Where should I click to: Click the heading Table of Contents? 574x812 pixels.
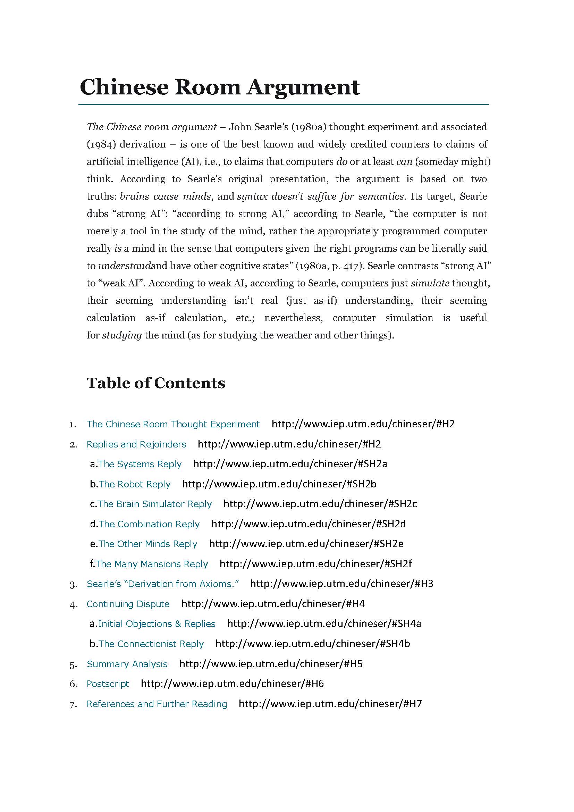(156, 383)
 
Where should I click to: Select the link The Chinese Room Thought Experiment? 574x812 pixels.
(173, 424)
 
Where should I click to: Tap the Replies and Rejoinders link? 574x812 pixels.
(136, 444)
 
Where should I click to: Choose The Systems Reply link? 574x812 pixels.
(140, 464)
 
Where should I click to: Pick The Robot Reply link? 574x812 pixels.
(135, 484)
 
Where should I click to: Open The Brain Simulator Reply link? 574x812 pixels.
(154, 504)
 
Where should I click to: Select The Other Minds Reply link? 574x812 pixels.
(148, 544)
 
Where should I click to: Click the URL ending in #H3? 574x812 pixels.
(341, 584)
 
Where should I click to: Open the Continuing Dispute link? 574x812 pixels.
(128, 604)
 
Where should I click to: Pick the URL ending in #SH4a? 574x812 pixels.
(324, 623)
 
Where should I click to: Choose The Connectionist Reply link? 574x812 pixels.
(151, 644)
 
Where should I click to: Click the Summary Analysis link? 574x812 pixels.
(127, 664)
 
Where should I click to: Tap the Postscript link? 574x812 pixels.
(108, 684)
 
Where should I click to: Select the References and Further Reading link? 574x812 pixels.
(157, 704)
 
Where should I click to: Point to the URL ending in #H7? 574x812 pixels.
(330, 704)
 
